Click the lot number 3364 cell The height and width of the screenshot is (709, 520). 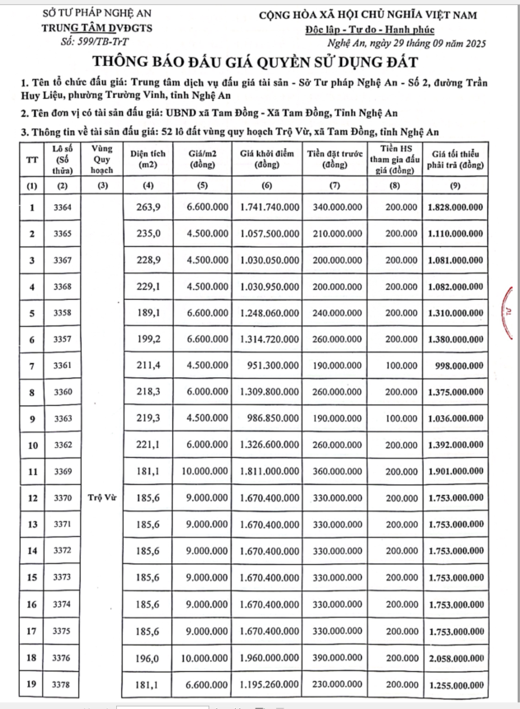click(x=61, y=207)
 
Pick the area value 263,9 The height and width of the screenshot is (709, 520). click(x=148, y=207)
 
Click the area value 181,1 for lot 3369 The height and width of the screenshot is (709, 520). click(x=148, y=471)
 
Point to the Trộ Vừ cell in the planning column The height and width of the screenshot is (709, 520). click(x=101, y=497)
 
